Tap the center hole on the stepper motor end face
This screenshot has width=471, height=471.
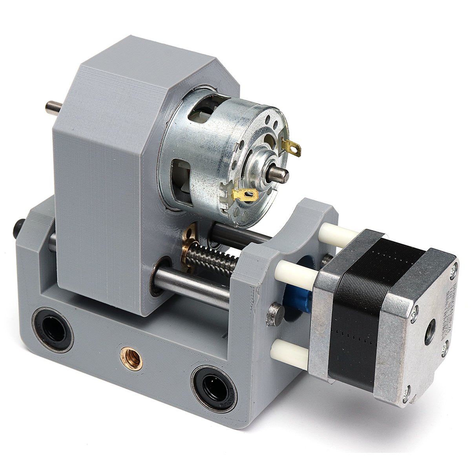tap(431, 325)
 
